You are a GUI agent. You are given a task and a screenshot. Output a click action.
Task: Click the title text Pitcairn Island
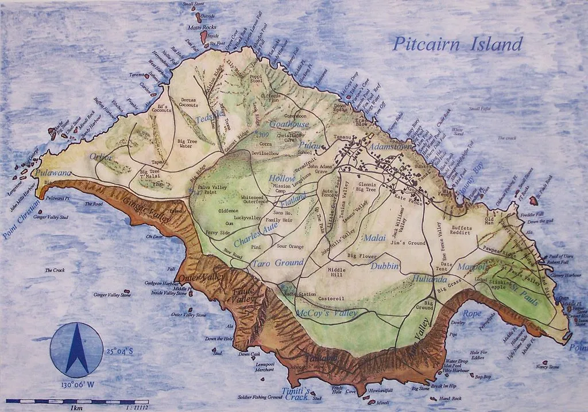click(458, 44)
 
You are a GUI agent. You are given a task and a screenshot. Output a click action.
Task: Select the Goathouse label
click(289, 124)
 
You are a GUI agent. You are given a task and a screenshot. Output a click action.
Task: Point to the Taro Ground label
click(277, 263)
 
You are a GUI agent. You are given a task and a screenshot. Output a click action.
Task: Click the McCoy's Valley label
click(327, 313)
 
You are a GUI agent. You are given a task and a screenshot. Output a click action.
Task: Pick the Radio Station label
click(300, 294)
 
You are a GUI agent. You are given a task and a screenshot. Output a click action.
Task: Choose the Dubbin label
click(385, 266)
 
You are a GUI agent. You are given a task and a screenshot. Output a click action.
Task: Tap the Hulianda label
click(430, 279)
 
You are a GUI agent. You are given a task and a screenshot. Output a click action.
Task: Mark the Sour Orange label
click(289, 246)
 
